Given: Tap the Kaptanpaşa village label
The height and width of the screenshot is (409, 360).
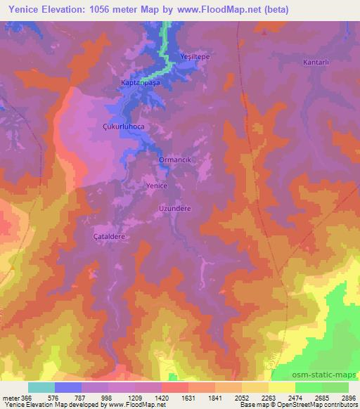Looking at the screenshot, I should (x=141, y=83).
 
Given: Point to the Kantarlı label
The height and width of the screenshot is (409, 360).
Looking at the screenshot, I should (x=316, y=63).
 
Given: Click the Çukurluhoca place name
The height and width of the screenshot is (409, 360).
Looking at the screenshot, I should (x=123, y=127).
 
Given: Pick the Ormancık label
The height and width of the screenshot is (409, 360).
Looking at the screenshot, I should (x=175, y=160).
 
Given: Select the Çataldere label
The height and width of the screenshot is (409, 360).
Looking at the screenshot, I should (x=110, y=237).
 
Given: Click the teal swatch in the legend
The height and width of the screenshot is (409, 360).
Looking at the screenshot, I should (x=41, y=387).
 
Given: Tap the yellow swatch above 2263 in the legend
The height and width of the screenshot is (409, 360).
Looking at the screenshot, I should (x=255, y=387).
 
